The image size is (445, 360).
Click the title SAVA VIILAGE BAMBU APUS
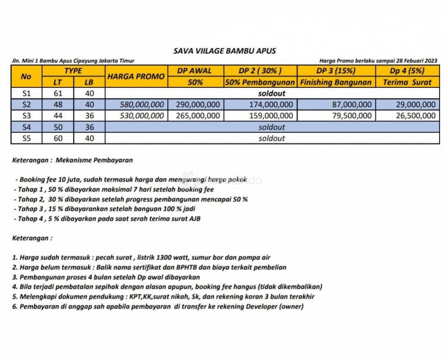(x=225, y=51)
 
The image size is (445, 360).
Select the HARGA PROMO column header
(x=136, y=76)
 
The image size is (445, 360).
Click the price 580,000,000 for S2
(x=142, y=104)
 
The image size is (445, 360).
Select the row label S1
(x=26, y=94)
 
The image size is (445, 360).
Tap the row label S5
(x=26, y=138)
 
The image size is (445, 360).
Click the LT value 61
(x=58, y=94)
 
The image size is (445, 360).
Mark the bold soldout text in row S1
(x=272, y=94)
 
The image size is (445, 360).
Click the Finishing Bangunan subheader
(x=336, y=82)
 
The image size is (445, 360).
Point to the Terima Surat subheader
(x=407, y=82)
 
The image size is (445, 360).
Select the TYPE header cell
(x=73, y=71)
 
